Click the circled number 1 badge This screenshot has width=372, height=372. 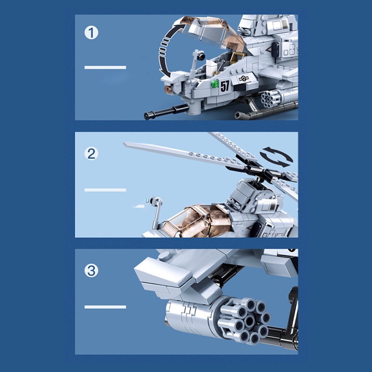pyautogui.click(x=92, y=33)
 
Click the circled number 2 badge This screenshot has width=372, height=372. pyautogui.click(x=91, y=154)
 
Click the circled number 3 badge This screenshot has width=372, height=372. pyautogui.click(x=92, y=271)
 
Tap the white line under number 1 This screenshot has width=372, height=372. pyautogui.click(x=105, y=67)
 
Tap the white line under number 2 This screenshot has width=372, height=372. pyautogui.click(x=105, y=190)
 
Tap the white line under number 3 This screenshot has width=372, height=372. pyautogui.click(x=105, y=307)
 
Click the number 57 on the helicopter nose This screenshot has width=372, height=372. pyautogui.click(x=225, y=86)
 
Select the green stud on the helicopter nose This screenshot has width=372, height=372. pyautogui.click(x=215, y=84)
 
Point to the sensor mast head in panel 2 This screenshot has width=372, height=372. pyautogui.click(x=154, y=201)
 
